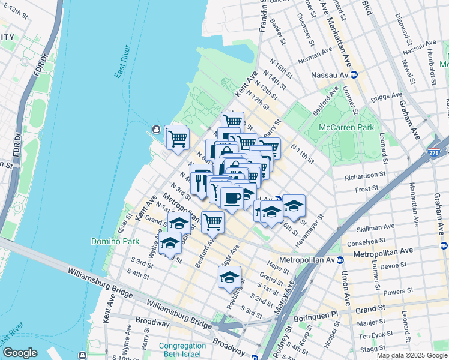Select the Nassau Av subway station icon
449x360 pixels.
(x=354, y=75)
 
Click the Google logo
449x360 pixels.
(x=20, y=353)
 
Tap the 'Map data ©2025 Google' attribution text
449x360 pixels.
(x=412, y=355)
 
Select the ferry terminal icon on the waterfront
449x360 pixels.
(x=155, y=129)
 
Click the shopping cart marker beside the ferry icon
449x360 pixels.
(x=177, y=138)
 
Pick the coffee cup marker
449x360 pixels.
(x=232, y=197)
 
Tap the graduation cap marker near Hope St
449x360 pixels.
(x=229, y=277)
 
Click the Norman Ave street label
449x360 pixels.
(x=310, y=58)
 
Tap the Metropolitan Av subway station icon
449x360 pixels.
(x=339, y=260)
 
